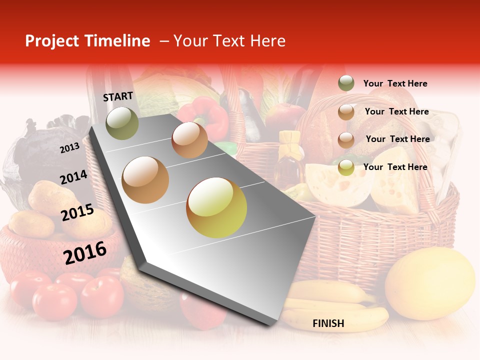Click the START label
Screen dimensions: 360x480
(118, 96)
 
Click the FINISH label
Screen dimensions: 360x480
(328, 323)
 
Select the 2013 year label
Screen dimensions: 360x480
(69, 148)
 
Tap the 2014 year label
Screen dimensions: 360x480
(73, 177)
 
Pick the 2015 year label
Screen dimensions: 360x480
(77, 212)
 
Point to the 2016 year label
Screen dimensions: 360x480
(85, 252)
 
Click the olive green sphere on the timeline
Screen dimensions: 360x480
(122, 123)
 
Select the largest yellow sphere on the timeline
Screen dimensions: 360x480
(216, 207)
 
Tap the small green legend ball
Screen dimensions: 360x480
(346, 83)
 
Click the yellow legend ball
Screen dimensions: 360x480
(346, 167)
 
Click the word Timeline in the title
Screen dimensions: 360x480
(117, 41)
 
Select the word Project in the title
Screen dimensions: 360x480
(51, 41)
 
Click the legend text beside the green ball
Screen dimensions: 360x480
(395, 83)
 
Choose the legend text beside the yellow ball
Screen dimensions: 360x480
(395, 167)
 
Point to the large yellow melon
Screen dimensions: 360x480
(430, 282)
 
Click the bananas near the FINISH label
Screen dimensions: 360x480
(335, 305)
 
